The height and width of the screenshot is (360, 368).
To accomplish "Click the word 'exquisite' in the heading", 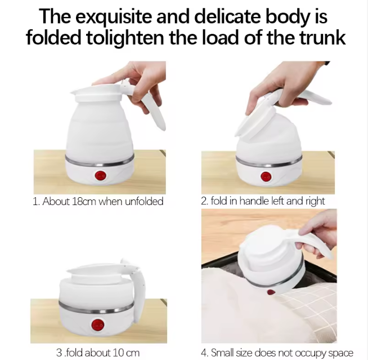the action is pos(114,17).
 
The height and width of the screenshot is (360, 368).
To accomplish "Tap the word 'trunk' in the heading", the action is pos(323,38).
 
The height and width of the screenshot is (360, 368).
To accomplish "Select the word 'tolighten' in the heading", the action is pos(125,39).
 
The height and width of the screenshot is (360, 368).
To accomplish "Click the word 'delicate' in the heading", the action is pos(227,16).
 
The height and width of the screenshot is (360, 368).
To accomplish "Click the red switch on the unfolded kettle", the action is pos(101,176).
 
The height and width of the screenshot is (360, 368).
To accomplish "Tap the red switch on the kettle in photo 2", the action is pos(266,176).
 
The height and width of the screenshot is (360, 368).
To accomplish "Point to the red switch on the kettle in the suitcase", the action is pos(271,292).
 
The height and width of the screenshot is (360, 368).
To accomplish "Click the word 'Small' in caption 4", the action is pos(222,353).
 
